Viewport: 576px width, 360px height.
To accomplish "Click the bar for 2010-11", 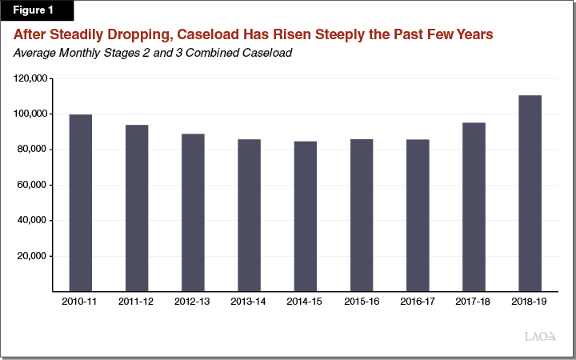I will coord(80,202).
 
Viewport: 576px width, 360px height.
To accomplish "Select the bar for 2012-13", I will coord(193,212).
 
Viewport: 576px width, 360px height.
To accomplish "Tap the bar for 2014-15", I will coord(305,216).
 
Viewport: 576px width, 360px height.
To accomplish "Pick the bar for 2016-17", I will coord(418,214).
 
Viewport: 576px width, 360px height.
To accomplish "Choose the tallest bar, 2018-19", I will coord(530,193).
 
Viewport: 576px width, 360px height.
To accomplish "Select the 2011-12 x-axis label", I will coord(137,302).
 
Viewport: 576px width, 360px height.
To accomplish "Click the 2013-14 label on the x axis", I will coord(249,302).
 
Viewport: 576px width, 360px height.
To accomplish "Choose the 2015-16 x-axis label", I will coord(362,302).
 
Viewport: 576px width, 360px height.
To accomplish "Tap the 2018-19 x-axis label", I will coord(530,302).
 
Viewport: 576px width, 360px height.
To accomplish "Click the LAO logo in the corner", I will coord(540,337).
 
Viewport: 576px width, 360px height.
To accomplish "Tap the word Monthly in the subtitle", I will coord(80,54).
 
